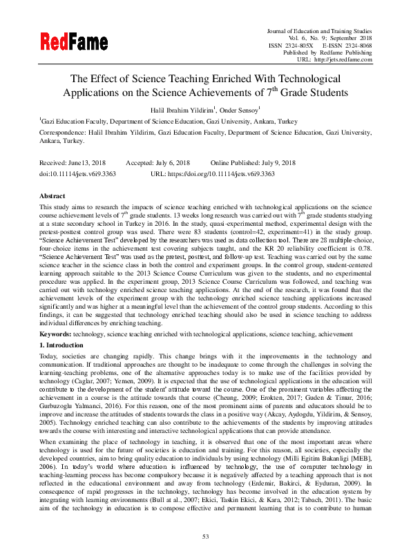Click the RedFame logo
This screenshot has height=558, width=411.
[x=73, y=44]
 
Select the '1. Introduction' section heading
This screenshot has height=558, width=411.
[x=63, y=343]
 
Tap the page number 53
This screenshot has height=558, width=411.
[x=205, y=536]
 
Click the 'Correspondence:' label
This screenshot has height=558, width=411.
[x=64, y=131]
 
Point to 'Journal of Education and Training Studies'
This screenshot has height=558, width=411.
[x=320, y=30]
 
